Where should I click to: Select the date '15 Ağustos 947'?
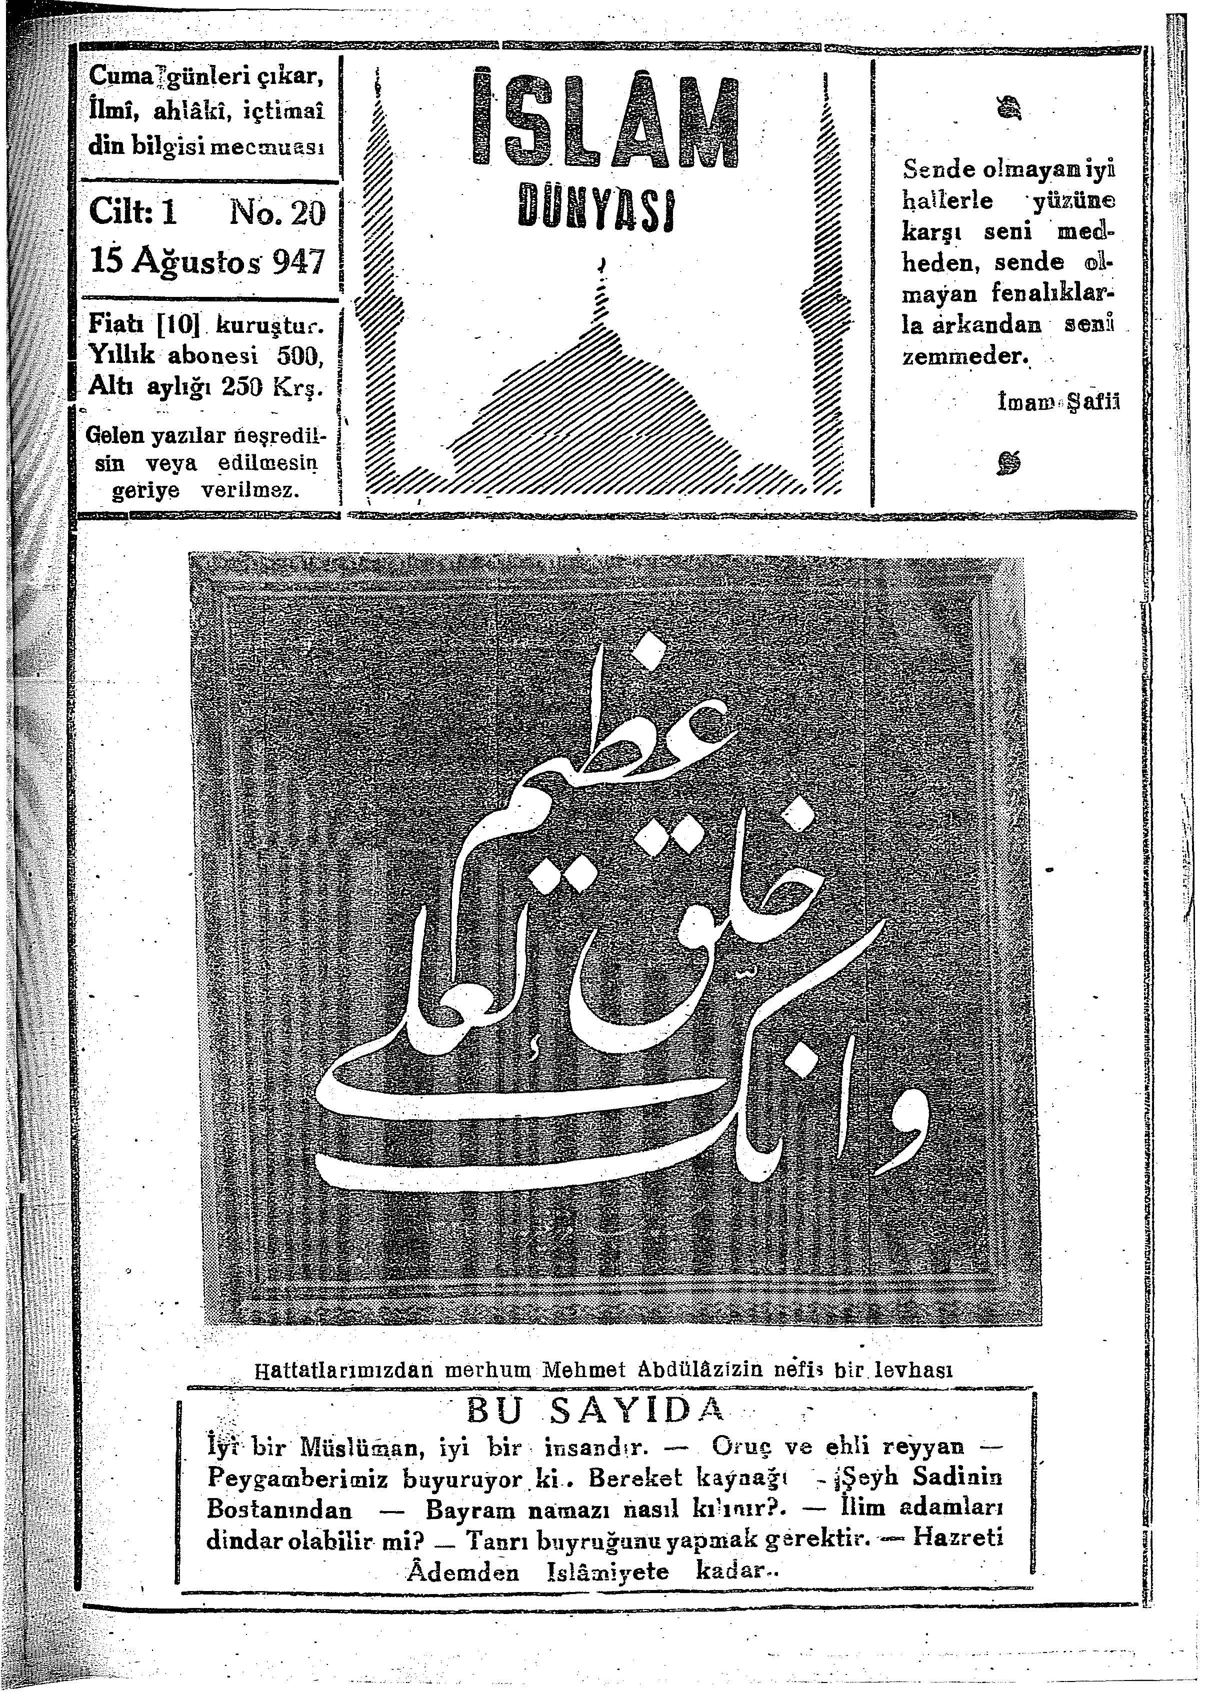pyautogui.click(x=207, y=260)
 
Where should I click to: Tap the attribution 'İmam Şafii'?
pyautogui.click(x=1059, y=401)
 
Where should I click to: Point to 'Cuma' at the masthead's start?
pyautogui.click(x=113, y=76)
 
